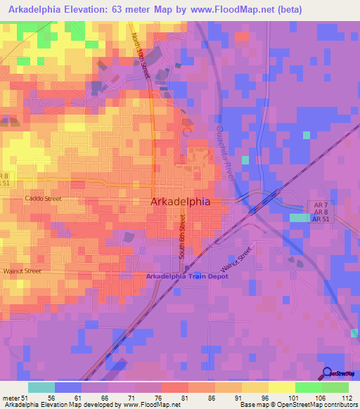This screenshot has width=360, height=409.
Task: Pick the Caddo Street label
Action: pyautogui.click(x=44, y=199)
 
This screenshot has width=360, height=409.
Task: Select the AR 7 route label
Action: pyautogui.click(x=319, y=204)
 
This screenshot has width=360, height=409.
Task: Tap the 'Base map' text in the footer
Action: pyautogui.click(x=254, y=405)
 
